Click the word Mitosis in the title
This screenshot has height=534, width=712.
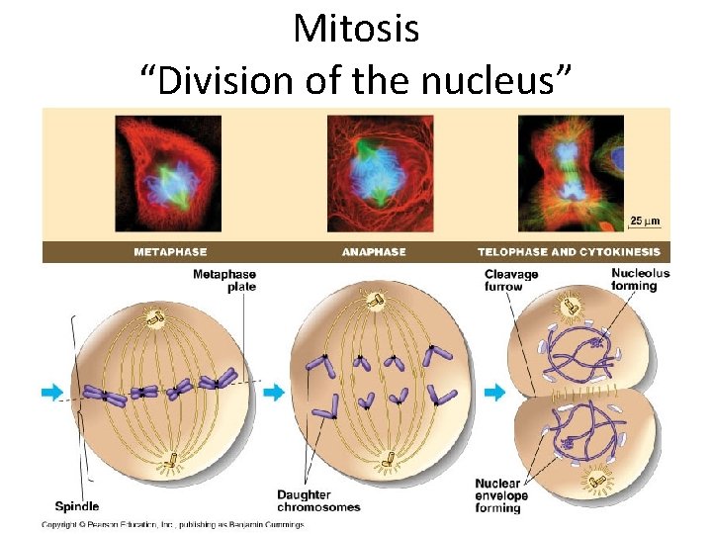tap(356, 29)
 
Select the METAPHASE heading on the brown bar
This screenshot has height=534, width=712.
tap(170, 252)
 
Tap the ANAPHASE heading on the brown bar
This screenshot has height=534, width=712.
tap(374, 252)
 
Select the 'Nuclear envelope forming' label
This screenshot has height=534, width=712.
tap(501, 495)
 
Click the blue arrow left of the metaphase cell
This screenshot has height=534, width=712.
tap(51, 393)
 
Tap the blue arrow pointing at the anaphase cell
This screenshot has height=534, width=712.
tap(273, 393)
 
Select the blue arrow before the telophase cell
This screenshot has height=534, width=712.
tap(493, 393)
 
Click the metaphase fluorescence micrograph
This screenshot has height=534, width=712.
tap(168, 174)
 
